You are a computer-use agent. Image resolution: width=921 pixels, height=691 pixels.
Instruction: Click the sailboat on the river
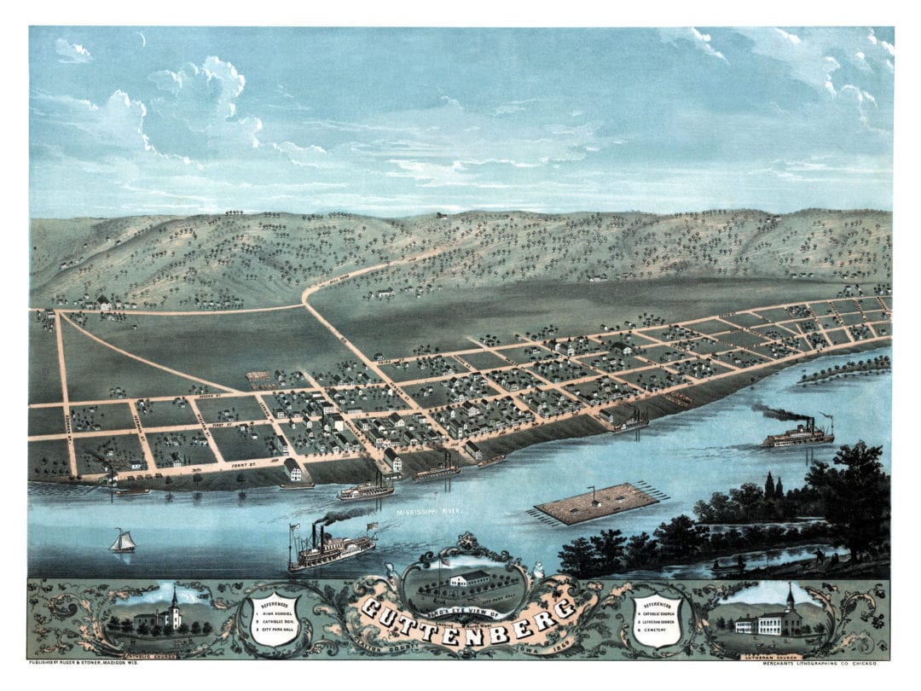coord(123,541)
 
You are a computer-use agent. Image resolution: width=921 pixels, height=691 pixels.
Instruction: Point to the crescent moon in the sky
coord(142,38)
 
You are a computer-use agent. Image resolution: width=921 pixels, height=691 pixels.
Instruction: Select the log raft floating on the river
coord(596,503)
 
